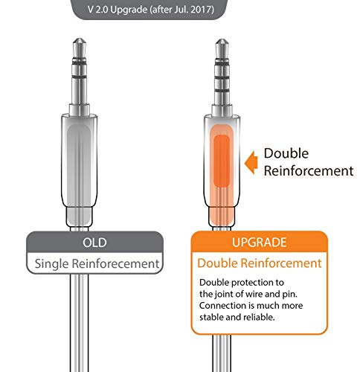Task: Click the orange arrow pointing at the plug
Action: click(253, 158)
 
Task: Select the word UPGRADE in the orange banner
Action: click(258, 243)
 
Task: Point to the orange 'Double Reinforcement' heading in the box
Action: click(258, 263)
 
